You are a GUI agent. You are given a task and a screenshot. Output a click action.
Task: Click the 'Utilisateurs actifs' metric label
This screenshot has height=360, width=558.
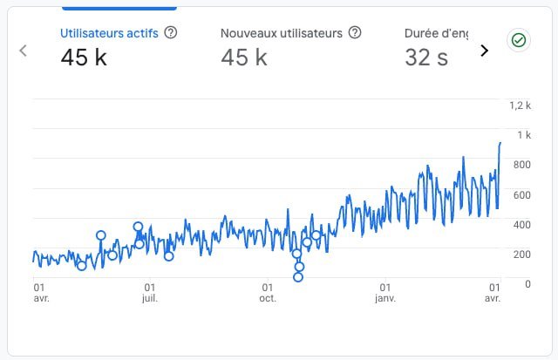click(109, 32)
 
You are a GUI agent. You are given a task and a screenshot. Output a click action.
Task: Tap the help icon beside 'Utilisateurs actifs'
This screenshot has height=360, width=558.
click(171, 32)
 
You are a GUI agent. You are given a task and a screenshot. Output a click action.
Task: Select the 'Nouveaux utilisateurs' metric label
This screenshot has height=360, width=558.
click(281, 32)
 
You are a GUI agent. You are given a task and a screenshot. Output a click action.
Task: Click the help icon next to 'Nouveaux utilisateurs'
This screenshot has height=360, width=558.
click(355, 32)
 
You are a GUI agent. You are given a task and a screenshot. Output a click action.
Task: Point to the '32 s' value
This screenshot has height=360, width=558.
click(427, 58)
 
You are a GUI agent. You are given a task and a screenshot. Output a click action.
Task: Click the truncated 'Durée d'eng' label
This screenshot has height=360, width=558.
click(436, 32)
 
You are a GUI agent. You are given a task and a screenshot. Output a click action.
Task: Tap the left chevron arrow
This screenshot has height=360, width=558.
click(24, 51)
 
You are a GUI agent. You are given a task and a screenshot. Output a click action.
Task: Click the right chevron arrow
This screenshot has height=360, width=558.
click(485, 51)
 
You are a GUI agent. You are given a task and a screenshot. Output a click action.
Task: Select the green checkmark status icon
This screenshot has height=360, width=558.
click(519, 40)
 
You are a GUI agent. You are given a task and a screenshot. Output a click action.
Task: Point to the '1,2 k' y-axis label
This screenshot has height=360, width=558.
click(520, 105)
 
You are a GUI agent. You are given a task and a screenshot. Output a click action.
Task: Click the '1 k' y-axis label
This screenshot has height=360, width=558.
click(524, 135)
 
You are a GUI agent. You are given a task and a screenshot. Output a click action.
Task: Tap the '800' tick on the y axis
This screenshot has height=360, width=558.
click(522, 165)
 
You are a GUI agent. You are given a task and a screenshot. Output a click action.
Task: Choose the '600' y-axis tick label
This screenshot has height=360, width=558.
click(522, 194)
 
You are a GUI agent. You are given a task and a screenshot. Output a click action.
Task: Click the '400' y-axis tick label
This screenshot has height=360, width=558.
click(522, 224)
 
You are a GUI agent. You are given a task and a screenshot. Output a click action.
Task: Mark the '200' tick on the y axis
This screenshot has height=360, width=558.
click(522, 254)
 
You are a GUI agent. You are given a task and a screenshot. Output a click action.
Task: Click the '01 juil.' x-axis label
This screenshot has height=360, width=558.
click(150, 292)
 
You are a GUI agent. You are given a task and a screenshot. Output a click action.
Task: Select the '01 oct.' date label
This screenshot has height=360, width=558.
click(267, 292)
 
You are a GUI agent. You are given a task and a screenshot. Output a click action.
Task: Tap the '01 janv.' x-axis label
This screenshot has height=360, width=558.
click(384, 292)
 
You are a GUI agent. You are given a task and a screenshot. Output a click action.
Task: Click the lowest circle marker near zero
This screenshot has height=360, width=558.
click(298, 277)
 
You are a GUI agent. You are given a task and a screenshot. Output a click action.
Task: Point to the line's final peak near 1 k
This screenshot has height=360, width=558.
click(500, 142)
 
